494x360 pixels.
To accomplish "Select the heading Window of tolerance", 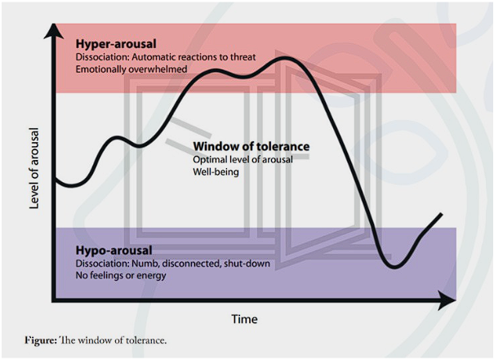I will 251,147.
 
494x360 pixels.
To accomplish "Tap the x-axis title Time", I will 245,318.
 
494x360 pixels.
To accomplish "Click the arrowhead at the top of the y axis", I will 55,30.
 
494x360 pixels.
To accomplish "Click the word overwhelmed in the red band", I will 160,70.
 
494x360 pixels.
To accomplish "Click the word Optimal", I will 211,159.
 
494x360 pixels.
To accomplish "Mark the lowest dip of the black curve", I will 395,267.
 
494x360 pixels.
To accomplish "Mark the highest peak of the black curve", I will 285,58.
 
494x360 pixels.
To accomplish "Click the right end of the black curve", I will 442,215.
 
